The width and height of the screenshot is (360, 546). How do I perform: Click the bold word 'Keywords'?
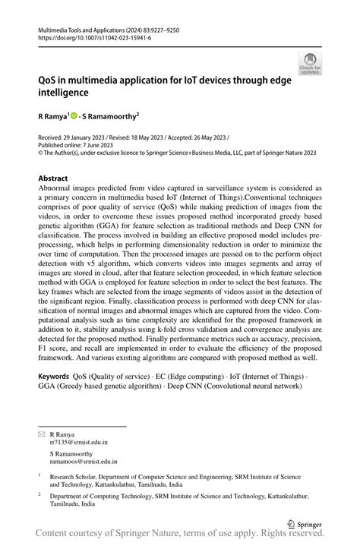(53, 376)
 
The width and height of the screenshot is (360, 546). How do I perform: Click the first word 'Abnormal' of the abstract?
(58, 189)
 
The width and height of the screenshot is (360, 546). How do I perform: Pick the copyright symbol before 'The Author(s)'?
(40, 152)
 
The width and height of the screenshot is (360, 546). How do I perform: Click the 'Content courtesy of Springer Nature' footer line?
(180, 535)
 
